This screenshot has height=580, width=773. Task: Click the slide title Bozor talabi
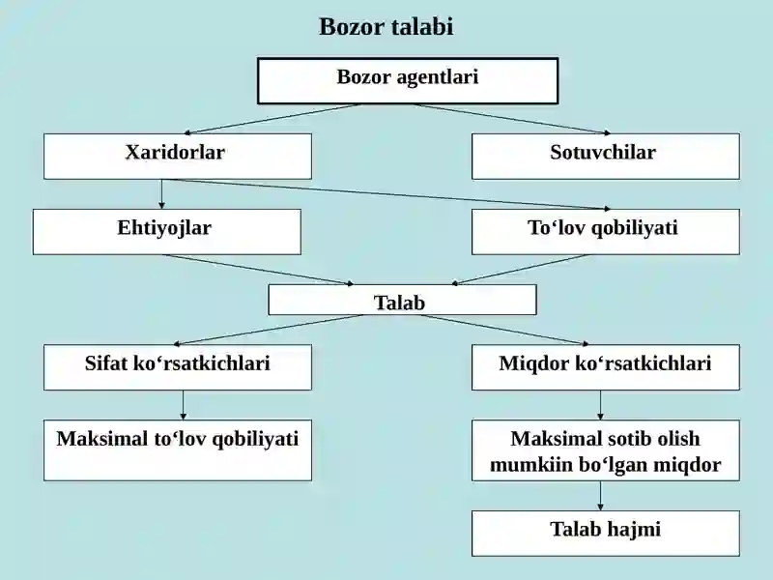[386, 27]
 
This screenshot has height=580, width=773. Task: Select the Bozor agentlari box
[408, 81]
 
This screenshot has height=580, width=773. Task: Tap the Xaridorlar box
[178, 157]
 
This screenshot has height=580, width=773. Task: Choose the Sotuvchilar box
[606, 157]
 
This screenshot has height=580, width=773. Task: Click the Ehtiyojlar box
[166, 232]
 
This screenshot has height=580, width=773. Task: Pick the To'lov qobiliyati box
[606, 232]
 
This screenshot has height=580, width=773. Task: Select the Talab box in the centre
[402, 300]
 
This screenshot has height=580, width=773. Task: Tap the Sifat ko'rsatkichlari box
[178, 367]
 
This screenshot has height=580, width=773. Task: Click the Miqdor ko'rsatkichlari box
[606, 367]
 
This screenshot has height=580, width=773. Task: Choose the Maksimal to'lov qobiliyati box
[178, 450]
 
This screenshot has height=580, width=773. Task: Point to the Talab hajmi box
[606, 534]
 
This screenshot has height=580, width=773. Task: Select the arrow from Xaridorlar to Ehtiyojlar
[161, 194]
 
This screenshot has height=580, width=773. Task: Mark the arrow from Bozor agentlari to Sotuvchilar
[512, 119]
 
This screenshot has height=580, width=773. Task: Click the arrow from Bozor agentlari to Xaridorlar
[272, 119]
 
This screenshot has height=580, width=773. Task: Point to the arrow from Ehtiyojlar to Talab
[258, 270]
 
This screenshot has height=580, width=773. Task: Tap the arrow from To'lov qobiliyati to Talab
[521, 270]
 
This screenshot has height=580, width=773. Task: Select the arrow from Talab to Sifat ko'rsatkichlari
[269, 330]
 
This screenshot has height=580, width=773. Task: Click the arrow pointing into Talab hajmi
[600, 496]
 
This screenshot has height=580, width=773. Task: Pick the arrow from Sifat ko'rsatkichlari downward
[183, 405]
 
